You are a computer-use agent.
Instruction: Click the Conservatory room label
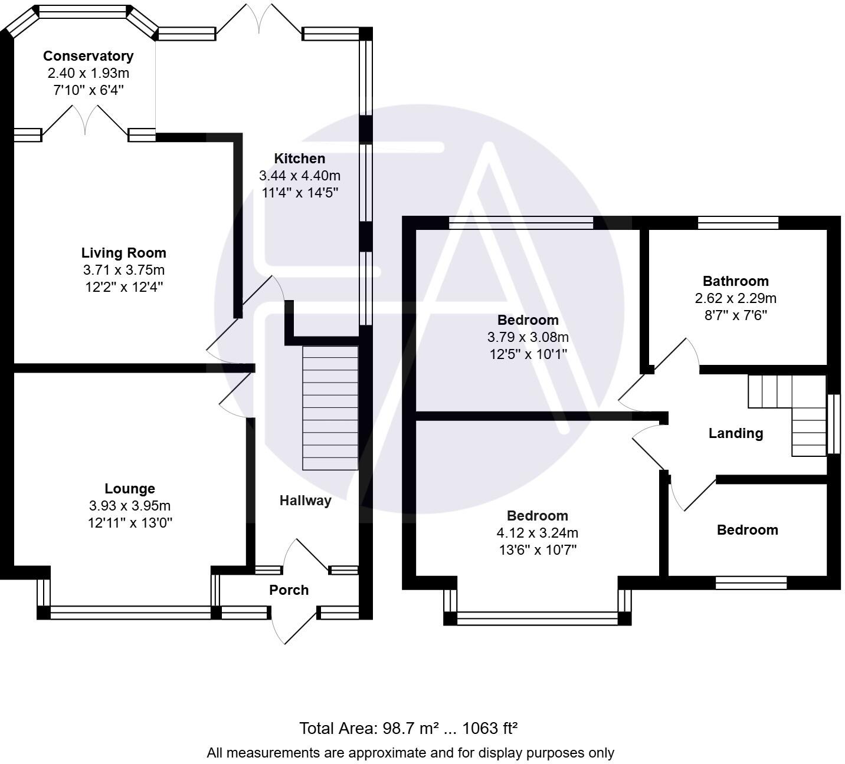pyautogui.click(x=88, y=56)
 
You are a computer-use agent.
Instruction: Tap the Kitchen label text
pyautogui.click(x=299, y=159)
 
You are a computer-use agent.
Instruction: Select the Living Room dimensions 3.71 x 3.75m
pyautogui.click(x=124, y=270)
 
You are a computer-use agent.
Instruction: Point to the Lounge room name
pyautogui.click(x=130, y=489)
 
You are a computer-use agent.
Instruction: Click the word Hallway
pyautogui.click(x=305, y=500)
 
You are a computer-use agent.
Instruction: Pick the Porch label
pyautogui.click(x=289, y=590)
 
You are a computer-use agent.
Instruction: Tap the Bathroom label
pyautogui.click(x=735, y=281)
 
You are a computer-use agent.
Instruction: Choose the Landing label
pyautogui.click(x=735, y=433)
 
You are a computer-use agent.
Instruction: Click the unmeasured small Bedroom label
pyautogui.click(x=747, y=530)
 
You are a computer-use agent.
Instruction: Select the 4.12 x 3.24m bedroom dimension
pyautogui.click(x=537, y=533)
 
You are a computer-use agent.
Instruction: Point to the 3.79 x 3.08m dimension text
pyautogui.click(x=528, y=337)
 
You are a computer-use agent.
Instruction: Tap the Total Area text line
pyautogui.click(x=408, y=729)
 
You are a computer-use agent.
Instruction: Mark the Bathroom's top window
pyautogui.click(x=738, y=223)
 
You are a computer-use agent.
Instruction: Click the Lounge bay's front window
pyautogui.click(x=130, y=613)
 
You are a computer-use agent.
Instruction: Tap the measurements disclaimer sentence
pyautogui.click(x=410, y=753)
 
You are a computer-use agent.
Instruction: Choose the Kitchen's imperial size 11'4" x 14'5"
pyautogui.click(x=300, y=193)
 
